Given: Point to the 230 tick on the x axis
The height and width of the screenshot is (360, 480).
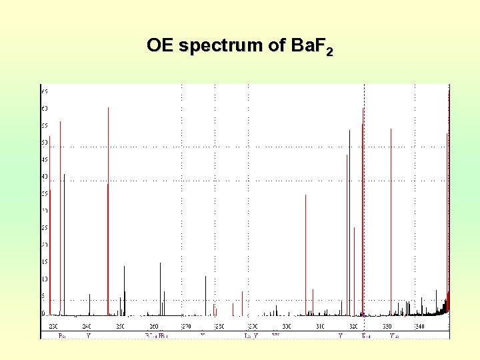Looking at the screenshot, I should (x=53, y=326).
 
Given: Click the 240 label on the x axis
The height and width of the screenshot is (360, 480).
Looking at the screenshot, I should (x=87, y=326).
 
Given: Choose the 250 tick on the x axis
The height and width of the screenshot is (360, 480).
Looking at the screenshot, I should (x=120, y=326).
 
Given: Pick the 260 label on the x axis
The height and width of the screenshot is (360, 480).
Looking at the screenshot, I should (x=153, y=326).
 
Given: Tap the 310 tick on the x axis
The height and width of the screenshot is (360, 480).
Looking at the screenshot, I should (x=320, y=326).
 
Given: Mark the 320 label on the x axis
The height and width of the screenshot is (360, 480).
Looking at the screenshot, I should (x=353, y=326).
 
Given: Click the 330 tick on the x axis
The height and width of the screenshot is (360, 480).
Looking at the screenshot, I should (x=387, y=326).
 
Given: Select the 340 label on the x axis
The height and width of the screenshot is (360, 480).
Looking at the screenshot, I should (x=419, y=326).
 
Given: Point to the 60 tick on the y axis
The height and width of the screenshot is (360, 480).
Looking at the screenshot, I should (x=45, y=108).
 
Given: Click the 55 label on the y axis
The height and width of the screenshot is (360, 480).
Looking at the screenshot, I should (x=45, y=125).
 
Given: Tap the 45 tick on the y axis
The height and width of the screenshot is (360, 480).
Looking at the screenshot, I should (x=45, y=159).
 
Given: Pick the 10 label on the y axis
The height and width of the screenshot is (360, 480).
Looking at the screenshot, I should (x=45, y=279).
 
